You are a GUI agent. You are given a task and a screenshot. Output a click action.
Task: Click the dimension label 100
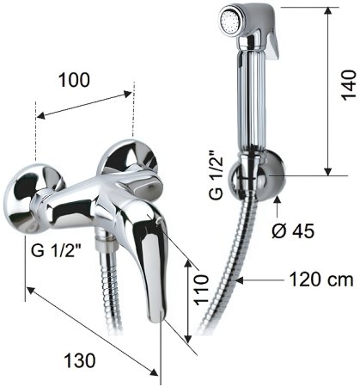[x=74, y=80]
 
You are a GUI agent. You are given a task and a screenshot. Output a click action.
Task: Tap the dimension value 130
[x=79, y=360]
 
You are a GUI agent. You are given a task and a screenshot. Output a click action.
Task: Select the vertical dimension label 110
[x=201, y=290]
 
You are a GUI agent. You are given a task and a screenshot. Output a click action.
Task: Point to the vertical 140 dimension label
[x=349, y=84]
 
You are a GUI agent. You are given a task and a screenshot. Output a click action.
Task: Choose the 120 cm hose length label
[x=321, y=279]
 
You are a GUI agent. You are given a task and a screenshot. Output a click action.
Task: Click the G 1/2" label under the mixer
[x=56, y=250]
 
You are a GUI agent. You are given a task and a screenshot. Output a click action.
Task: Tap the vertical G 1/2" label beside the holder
[x=216, y=175]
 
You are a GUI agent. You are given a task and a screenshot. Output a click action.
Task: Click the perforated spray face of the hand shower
[x=230, y=21]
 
